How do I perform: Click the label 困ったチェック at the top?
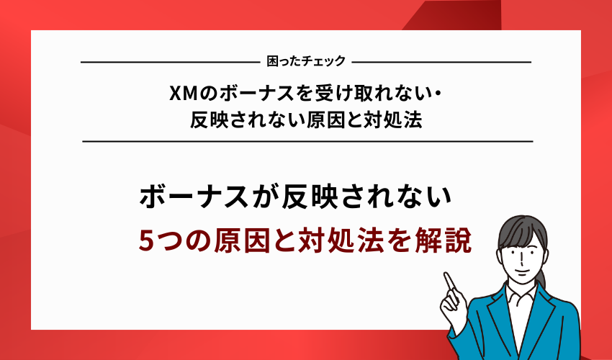tap(305, 62)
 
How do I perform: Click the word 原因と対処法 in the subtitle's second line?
tap(374, 120)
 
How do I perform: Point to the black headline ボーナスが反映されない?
tap(294, 198)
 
